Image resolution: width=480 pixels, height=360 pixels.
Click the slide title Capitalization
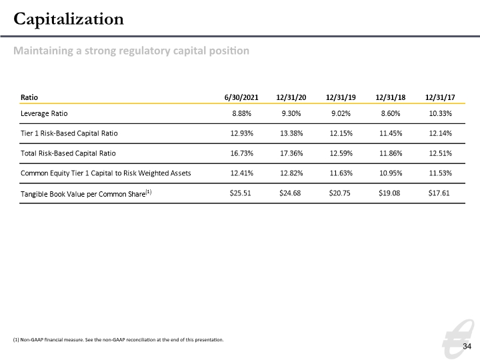click(x=69, y=19)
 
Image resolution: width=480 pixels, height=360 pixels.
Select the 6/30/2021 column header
click(x=241, y=97)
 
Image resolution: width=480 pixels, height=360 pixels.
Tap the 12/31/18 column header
click(x=390, y=97)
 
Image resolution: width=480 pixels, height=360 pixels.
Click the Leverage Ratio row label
click(x=44, y=113)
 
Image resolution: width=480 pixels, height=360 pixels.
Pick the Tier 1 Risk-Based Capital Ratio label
click(x=69, y=133)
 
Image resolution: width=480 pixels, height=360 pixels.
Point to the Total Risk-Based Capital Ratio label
click(x=68, y=153)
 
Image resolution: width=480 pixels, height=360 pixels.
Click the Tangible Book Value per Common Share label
click(x=86, y=194)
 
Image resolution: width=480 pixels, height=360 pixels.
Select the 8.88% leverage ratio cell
click(x=241, y=113)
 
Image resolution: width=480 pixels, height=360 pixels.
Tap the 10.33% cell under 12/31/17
click(x=440, y=113)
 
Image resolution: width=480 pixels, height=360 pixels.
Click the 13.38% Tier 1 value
click(x=291, y=133)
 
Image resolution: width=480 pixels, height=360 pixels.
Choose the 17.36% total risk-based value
click(x=291, y=153)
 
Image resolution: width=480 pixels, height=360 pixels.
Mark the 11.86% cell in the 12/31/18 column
click(x=391, y=153)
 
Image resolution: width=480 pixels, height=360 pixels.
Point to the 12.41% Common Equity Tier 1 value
click(x=241, y=173)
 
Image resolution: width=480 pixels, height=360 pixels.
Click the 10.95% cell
click(x=391, y=173)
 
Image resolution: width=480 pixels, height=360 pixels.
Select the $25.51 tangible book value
click(x=240, y=193)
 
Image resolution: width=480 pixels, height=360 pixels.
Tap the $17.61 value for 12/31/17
click(x=439, y=193)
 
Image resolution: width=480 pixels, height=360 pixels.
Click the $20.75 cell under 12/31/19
click(x=339, y=193)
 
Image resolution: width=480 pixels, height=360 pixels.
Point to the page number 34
click(x=467, y=346)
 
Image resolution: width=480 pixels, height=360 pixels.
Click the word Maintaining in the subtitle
click(x=43, y=51)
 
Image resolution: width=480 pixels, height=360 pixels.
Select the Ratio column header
click(x=29, y=97)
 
